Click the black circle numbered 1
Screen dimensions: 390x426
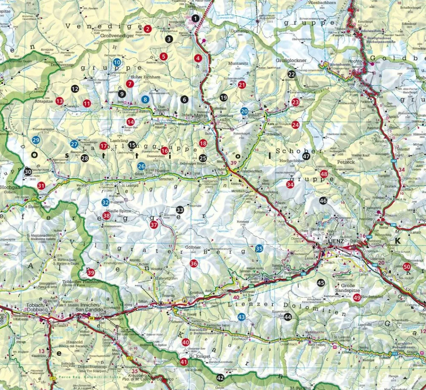(x=195, y=18)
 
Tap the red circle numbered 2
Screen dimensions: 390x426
(x=148, y=29)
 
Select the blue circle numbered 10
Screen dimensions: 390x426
(x=117, y=62)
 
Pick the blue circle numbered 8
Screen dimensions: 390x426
(x=145, y=99)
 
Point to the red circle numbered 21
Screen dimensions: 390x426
(x=242, y=84)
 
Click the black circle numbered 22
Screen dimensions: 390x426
(x=291, y=74)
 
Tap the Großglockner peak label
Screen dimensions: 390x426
(x=291, y=61)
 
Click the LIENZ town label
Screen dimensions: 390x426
(x=335, y=242)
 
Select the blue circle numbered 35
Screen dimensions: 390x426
(x=259, y=248)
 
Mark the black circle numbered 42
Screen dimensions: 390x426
(x=220, y=378)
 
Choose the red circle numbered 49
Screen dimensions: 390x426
(x=357, y=298)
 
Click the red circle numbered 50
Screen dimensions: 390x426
(x=406, y=267)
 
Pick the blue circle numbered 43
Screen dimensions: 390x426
(x=242, y=317)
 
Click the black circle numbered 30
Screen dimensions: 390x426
(x=28, y=172)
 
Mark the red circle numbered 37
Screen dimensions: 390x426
(x=154, y=224)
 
